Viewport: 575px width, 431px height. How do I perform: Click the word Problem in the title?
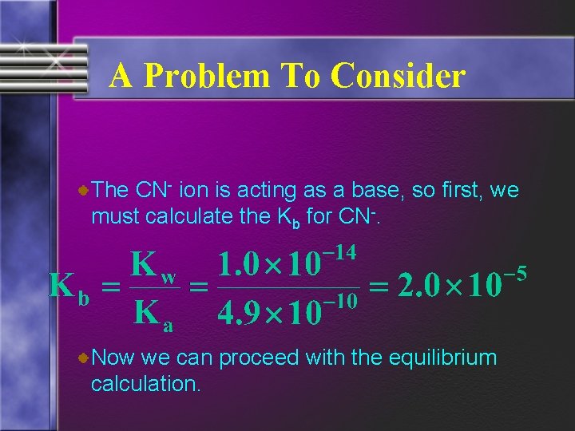point(204,77)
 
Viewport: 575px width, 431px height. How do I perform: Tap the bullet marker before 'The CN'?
point(84,190)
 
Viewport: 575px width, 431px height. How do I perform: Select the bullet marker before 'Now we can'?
point(84,359)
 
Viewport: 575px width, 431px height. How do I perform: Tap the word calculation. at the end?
point(145,384)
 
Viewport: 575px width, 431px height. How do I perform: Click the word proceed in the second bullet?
point(260,358)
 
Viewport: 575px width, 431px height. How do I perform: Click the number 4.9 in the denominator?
point(238,314)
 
